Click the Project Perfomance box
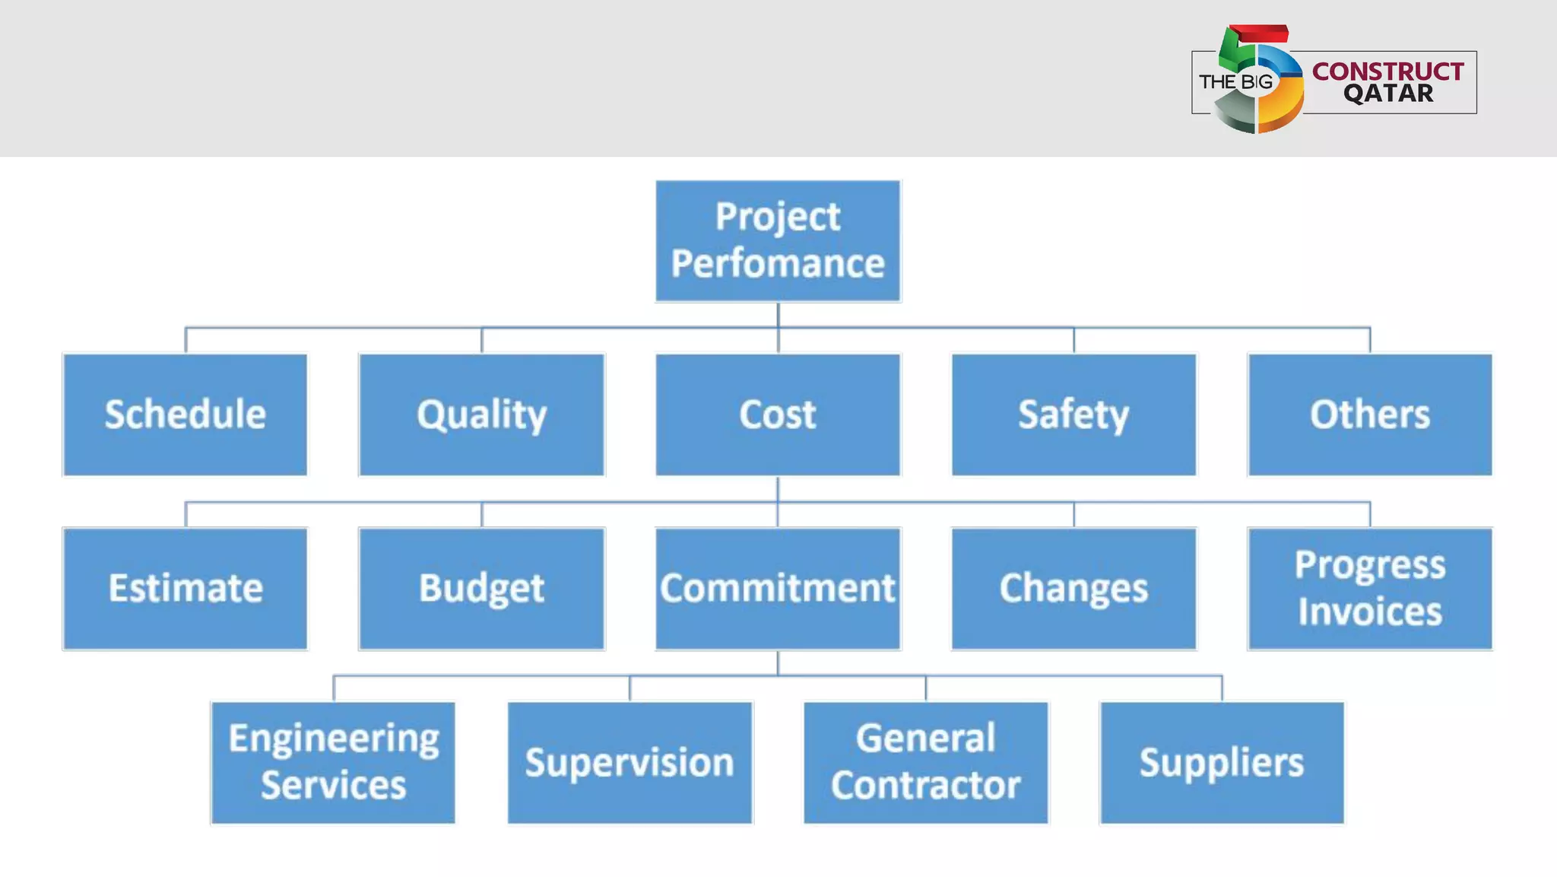778,240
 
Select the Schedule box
186,415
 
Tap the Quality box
481,415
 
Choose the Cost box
778,415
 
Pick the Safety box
1073,415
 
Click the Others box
1369,415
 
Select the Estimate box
186,588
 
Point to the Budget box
481,588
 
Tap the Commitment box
778,588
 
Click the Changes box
1073,588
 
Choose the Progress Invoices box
1369,588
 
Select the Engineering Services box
334,762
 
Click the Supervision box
629,762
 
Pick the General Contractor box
925,762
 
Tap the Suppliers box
1222,762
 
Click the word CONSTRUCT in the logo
1387,71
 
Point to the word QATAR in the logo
1387,94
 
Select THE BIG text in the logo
1235,81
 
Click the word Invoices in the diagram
1369,612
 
